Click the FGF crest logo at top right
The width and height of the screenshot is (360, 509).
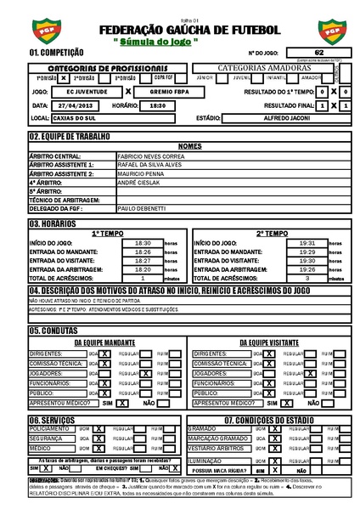[x=329, y=31]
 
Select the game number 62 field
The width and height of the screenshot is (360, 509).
[x=318, y=53]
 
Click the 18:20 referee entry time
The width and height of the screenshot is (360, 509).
[x=143, y=269]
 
